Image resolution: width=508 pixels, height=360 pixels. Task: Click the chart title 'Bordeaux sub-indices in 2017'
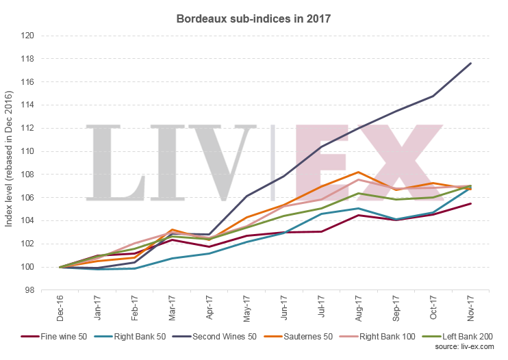[x=254, y=18]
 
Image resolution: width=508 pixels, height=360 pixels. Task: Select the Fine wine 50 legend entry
[x=51, y=337]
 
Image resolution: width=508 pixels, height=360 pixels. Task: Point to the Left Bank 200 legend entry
[x=457, y=337]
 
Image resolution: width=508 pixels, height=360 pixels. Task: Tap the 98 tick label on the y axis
[x=28, y=290]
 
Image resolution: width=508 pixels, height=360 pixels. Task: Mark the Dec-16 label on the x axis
[x=61, y=307]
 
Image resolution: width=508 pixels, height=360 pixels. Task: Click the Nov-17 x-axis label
[x=470, y=307]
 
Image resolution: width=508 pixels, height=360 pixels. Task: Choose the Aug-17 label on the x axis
[x=359, y=307]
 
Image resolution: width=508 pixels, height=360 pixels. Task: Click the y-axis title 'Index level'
[x=10, y=162]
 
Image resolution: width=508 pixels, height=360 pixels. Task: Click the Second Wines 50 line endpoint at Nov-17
[x=470, y=63]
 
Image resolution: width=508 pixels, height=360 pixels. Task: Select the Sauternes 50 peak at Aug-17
[x=359, y=172]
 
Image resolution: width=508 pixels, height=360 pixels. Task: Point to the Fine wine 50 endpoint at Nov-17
[x=470, y=203]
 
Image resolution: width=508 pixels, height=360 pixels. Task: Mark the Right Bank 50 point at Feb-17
[x=136, y=268]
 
